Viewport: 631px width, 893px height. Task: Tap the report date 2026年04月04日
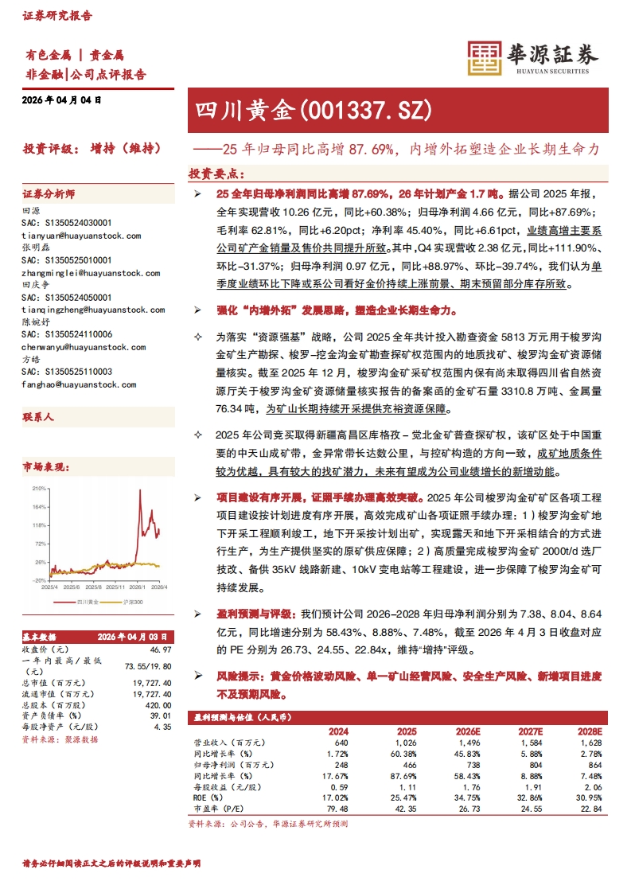tap(63, 100)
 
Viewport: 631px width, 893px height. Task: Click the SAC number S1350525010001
tap(67, 260)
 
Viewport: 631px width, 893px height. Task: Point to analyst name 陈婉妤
tap(36, 322)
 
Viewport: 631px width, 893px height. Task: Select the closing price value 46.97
tap(161, 649)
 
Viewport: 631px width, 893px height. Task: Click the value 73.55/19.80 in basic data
tap(149, 665)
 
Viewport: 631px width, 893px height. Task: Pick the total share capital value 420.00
tap(158, 704)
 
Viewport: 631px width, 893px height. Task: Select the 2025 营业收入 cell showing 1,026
tap(407, 742)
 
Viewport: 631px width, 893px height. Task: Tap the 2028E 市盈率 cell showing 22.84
tap(590, 809)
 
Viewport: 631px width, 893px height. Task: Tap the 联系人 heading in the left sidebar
tap(38, 416)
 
